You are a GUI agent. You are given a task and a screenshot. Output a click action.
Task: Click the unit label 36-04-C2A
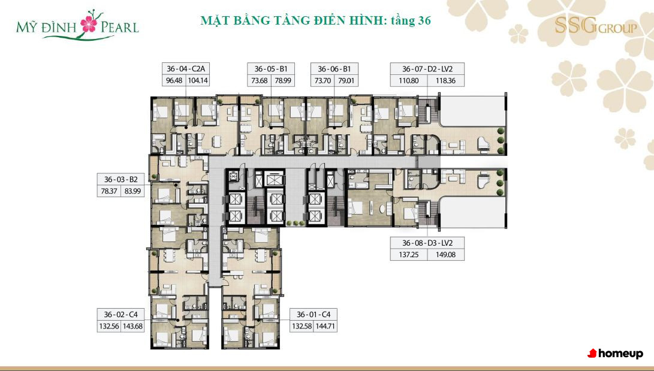[x=186, y=69]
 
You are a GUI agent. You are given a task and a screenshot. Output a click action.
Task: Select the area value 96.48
[x=174, y=80]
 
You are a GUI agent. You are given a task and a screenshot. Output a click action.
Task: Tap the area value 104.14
[x=198, y=80]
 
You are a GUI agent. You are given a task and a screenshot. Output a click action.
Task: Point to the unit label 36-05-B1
[x=271, y=69]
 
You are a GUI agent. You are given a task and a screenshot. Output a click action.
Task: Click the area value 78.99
[x=283, y=80]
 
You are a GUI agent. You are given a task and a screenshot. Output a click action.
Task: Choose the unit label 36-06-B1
[x=334, y=69]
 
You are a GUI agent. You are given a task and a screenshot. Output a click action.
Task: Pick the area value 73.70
[x=323, y=80]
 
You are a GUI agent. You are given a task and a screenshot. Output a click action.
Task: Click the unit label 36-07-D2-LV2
[x=427, y=69]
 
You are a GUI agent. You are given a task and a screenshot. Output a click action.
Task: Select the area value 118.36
[x=445, y=80]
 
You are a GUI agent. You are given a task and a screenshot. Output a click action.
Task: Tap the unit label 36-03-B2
[x=121, y=179]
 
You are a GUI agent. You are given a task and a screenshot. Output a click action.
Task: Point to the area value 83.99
[x=132, y=191]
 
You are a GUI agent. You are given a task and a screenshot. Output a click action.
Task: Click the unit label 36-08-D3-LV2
[x=427, y=243]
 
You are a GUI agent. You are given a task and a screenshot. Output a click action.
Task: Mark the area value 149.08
[x=445, y=254]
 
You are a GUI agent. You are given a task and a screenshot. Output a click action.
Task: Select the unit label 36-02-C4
[x=121, y=314]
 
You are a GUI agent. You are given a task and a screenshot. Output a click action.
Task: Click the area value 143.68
[x=132, y=327]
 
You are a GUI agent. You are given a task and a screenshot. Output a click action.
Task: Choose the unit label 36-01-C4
[x=314, y=314]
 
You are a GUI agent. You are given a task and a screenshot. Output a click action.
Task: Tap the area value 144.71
[x=326, y=327]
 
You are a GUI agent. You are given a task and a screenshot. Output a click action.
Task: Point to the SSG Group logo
[x=596, y=26]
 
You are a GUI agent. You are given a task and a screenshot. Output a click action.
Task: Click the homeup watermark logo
[x=615, y=354]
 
